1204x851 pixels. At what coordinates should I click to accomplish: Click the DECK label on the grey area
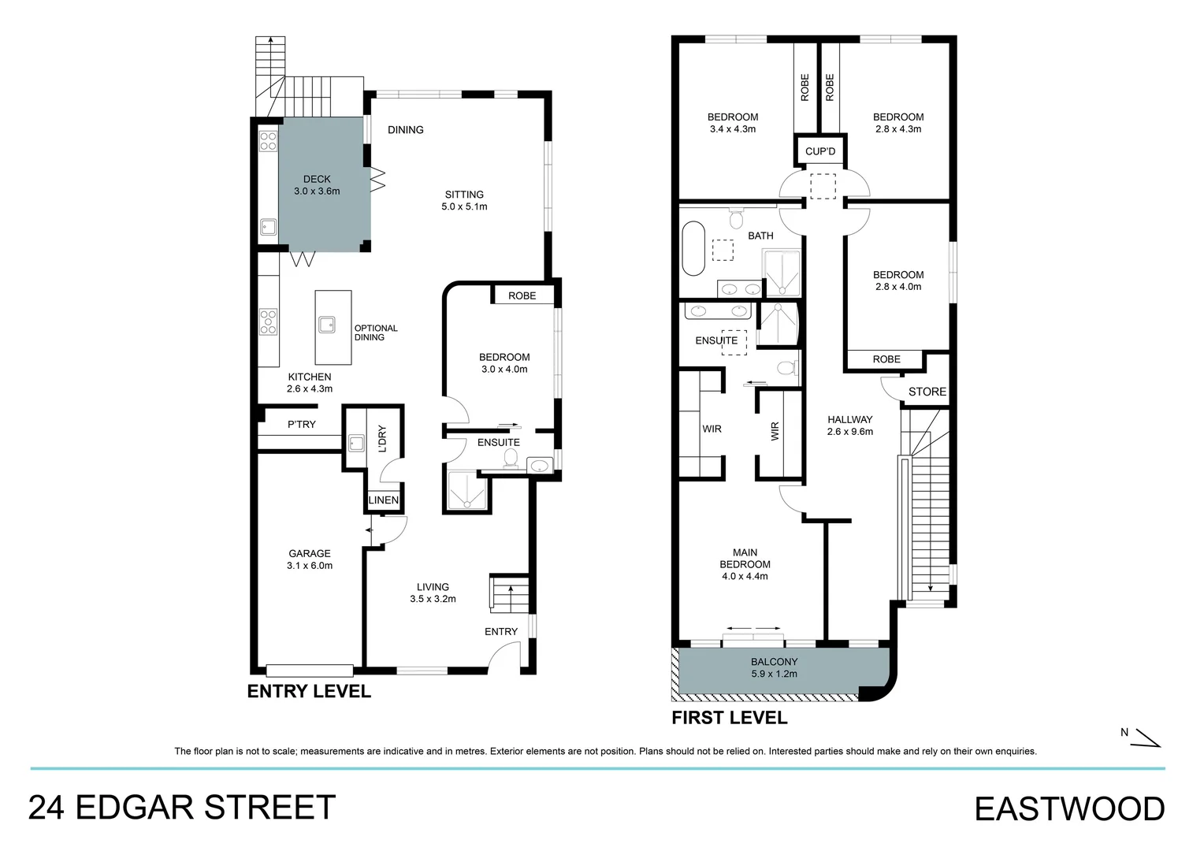(x=317, y=180)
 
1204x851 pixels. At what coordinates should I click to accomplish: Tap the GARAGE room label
(x=310, y=554)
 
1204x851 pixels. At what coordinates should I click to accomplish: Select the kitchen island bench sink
(x=326, y=324)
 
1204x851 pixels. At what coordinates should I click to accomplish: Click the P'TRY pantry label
(x=301, y=425)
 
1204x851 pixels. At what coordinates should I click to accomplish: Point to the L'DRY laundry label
(x=382, y=438)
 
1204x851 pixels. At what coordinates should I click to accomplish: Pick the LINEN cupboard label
(x=384, y=500)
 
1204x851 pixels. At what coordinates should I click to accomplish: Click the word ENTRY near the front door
(x=501, y=632)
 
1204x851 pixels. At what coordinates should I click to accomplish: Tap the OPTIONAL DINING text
(x=376, y=333)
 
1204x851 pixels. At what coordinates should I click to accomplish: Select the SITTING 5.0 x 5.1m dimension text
(x=464, y=207)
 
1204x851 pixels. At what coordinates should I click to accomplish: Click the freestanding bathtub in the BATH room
(x=693, y=248)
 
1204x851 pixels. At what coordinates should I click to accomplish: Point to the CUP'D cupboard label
(x=820, y=151)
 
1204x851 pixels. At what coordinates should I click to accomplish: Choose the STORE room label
(x=927, y=392)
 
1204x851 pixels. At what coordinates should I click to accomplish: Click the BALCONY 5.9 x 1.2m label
(x=774, y=667)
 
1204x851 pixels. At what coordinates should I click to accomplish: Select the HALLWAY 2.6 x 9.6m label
(x=849, y=425)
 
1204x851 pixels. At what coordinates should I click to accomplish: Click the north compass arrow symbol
(x=1147, y=738)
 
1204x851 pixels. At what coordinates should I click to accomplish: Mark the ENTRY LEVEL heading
(x=309, y=692)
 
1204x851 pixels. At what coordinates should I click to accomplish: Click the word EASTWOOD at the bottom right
(x=1069, y=809)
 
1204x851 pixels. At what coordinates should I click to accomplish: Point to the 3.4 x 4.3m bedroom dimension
(x=732, y=129)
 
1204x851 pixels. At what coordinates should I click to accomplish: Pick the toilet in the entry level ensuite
(x=510, y=459)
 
